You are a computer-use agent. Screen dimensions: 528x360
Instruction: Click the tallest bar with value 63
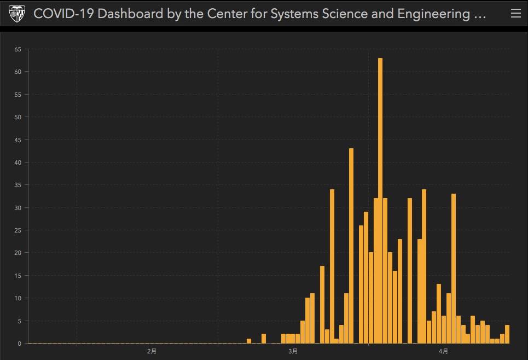(x=380, y=201)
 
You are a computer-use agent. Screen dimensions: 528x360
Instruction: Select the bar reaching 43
(x=351, y=246)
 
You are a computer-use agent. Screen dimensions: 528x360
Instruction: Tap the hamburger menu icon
(x=516, y=13)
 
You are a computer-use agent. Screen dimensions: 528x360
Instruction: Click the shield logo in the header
(x=16, y=14)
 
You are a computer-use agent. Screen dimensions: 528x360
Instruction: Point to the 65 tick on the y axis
(x=18, y=49)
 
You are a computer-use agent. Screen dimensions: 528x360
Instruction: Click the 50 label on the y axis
(x=18, y=117)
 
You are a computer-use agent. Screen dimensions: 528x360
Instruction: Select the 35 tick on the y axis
(x=18, y=185)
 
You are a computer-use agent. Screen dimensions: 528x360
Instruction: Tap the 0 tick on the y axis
(x=19, y=344)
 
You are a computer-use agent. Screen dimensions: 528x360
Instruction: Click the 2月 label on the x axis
(x=152, y=351)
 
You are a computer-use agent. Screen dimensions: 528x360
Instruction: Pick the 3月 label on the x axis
(x=293, y=351)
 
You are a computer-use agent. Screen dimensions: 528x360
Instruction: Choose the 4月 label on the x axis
(x=444, y=351)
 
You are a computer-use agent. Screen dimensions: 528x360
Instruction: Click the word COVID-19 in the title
(x=63, y=14)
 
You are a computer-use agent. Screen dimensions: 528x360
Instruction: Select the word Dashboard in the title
(x=130, y=14)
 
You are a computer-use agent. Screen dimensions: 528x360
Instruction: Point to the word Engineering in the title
(x=434, y=14)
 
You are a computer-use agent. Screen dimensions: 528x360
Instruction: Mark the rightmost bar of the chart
(x=507, y=334)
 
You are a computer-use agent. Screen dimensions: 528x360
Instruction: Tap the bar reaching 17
(x=322, y=305)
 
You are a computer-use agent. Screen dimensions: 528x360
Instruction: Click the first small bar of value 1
(x=249, y=341)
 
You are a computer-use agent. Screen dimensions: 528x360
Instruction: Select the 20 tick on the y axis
(x=18, y=253)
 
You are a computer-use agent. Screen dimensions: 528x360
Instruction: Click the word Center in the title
(x=227, y=14)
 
